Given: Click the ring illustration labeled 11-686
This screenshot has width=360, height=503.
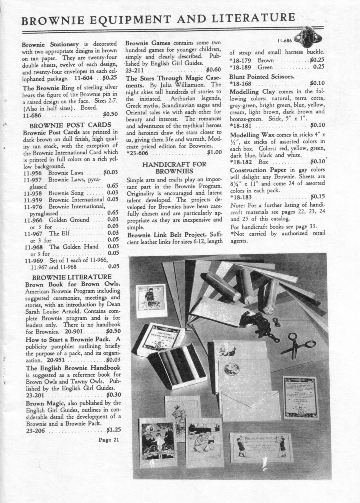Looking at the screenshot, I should [x=308, y=39].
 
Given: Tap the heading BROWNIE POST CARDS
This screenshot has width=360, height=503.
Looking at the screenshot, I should [x=68, y=125].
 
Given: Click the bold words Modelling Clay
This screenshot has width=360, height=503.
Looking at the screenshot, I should [x=250, y=91].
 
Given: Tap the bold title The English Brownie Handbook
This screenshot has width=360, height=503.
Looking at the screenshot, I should [x=73, y=368].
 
